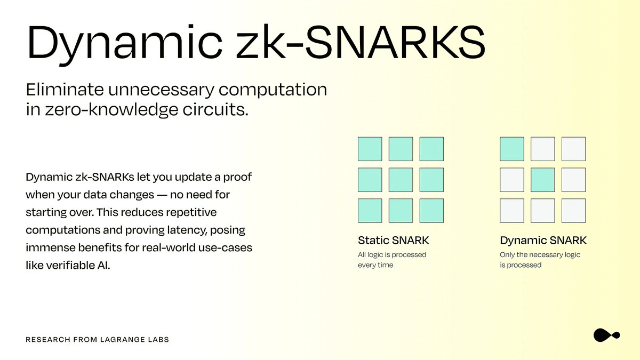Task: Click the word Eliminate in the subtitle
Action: point(65,89)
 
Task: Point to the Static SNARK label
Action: point(394,241)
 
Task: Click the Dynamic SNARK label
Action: point(543,241)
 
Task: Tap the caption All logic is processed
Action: point(392,254)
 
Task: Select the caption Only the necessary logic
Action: point(540,254)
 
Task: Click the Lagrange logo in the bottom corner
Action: point(606,335)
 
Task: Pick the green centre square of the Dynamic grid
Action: point(543,180)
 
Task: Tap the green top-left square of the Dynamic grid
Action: point(512,149)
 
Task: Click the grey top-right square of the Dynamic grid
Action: point(574,149)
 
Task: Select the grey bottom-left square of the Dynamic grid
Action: point(512,211)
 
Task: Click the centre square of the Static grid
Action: point(401,180)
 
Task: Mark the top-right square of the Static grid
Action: point(431,149)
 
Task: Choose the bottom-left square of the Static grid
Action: point(370,211)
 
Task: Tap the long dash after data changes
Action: point(162,195)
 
